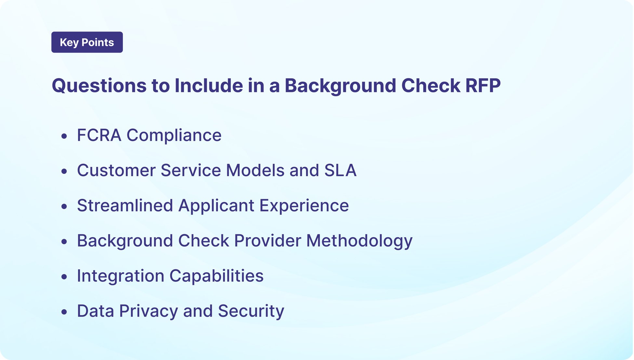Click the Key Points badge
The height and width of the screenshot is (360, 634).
[x=87, y=42]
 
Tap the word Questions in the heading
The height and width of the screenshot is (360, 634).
[x=99, y=86]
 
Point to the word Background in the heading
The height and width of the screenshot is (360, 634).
[x=340, y=86]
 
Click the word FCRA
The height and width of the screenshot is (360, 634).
[x=99, y=135]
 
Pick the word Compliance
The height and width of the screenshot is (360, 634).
[x=174, y=135]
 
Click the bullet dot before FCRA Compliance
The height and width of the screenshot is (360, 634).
[x=64, y=136]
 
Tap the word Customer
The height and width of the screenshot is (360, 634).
[x=116, y=170]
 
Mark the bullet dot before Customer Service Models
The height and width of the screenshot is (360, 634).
[x=64, y=171]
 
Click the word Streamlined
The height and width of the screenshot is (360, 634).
[x=125, y=205]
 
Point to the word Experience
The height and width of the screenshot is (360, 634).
[x=304, y=205]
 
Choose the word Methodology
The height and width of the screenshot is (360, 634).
[x=359, y=241]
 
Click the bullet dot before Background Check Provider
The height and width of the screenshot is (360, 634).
[x=64, y=242]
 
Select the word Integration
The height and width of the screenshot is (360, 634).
[x=121, y=276]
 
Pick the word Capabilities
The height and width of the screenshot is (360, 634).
[x=217, y=276]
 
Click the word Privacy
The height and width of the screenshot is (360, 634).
[x=149, y=311]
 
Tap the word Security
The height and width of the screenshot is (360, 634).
[x=251, y=311]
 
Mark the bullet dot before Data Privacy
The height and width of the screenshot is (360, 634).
[x=64, y=312]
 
